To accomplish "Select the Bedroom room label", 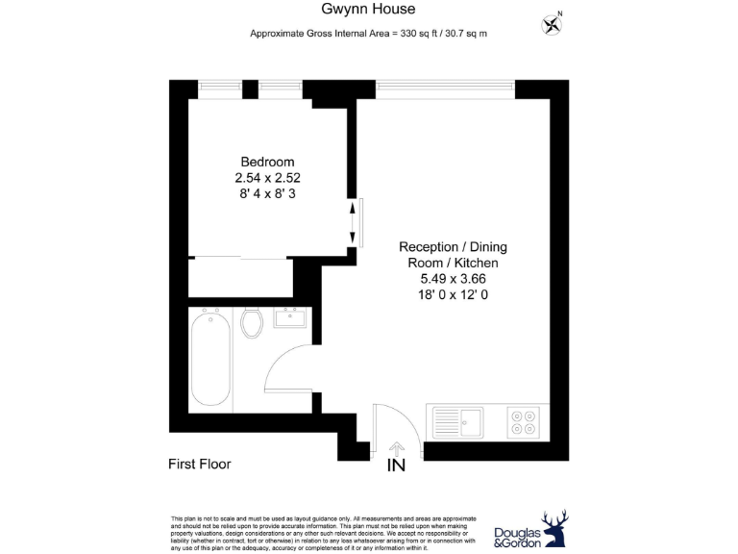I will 267,162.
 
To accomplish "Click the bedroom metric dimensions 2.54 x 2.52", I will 267,178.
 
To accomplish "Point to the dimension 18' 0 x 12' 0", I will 449,295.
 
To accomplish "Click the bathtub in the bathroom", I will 210,359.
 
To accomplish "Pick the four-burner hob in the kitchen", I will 524,419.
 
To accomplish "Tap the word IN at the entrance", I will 395,466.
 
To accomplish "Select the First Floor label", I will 200,464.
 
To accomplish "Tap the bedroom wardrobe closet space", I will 240,278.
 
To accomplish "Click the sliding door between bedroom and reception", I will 355,222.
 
